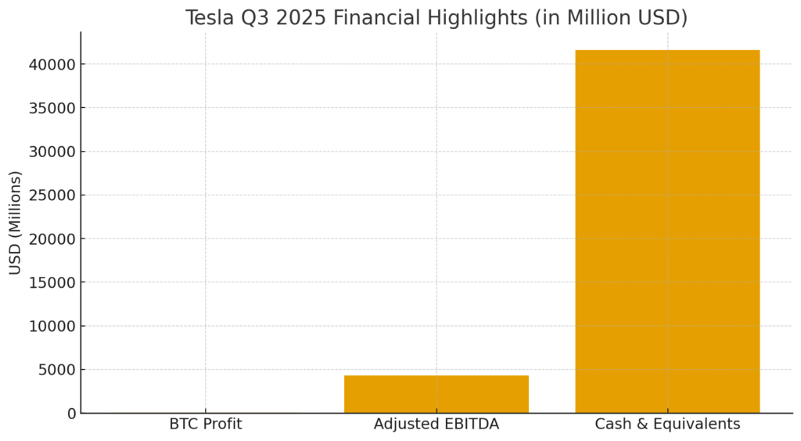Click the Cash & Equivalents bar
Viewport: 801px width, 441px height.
pos(667,231)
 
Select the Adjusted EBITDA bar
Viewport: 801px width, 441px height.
pos(436,394)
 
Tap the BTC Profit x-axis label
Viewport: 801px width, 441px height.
pos(206,425)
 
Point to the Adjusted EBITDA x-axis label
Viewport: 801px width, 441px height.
pos(436,425)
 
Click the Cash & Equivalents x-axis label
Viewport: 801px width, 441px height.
pos(667,425)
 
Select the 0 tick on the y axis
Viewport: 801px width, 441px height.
pos(72,414)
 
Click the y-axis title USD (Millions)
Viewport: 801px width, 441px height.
pos(16,223)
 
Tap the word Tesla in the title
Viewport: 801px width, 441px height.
pos(210,17)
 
